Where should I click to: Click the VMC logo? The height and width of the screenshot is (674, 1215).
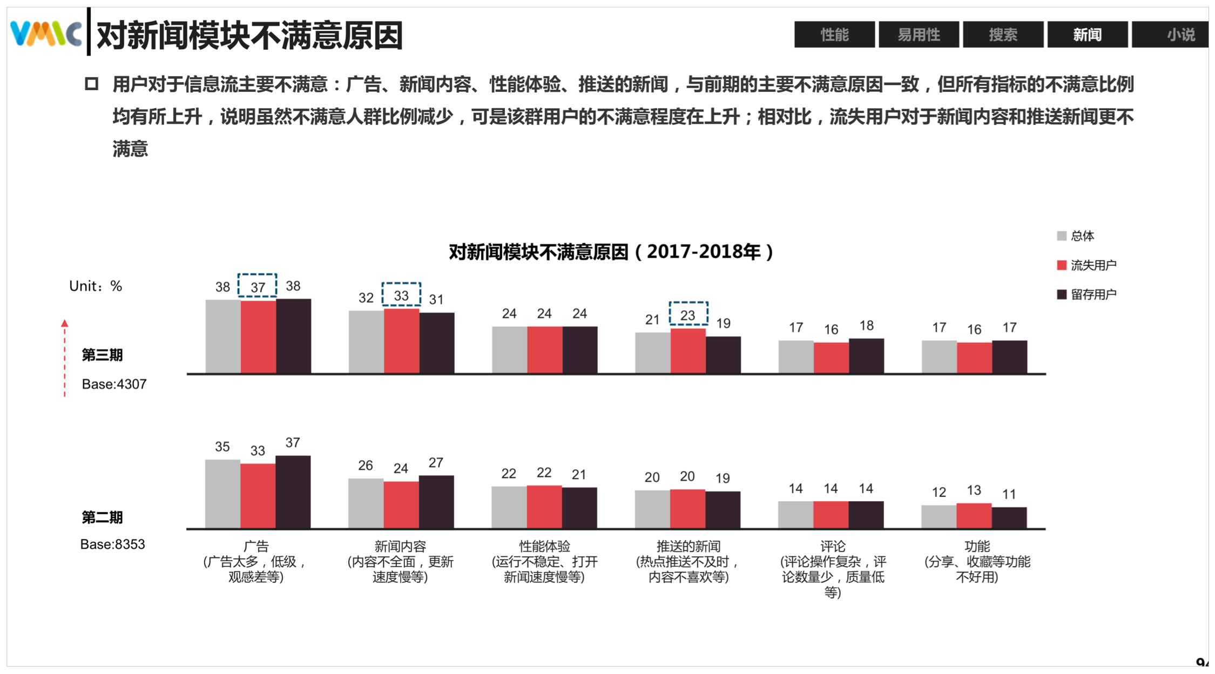click(46, 33)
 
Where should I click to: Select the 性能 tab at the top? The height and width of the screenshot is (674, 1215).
click(834, 35)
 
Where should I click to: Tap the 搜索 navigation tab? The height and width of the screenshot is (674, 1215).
click(1003, 35)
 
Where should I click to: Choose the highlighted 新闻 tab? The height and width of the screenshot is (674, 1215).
click(1087, 35)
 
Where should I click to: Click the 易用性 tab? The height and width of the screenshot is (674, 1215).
click(919, 35)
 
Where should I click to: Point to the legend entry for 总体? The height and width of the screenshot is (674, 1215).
click(1076, 236)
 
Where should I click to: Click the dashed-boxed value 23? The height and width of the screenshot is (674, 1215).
click(688, 314)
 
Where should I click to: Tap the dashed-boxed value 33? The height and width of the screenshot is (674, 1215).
click(401, 295)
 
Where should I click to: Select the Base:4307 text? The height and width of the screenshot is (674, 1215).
click(114, 384)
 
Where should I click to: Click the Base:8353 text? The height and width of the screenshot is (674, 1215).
click(112, 544)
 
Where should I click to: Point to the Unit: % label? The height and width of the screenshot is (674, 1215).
click(96, 286)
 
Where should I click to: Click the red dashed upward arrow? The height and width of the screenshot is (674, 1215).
click(65, 356)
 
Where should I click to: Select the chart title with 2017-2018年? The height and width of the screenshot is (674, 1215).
click(611, 252)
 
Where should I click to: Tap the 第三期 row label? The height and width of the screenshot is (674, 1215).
click(102, 355)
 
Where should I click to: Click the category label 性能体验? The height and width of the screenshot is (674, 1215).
click(544, 547)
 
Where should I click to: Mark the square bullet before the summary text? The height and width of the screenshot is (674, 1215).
click(91, 84)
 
